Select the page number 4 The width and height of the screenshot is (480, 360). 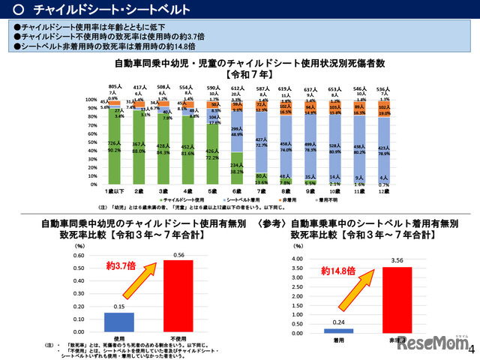pyautogui.click(x=471, y=349)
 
